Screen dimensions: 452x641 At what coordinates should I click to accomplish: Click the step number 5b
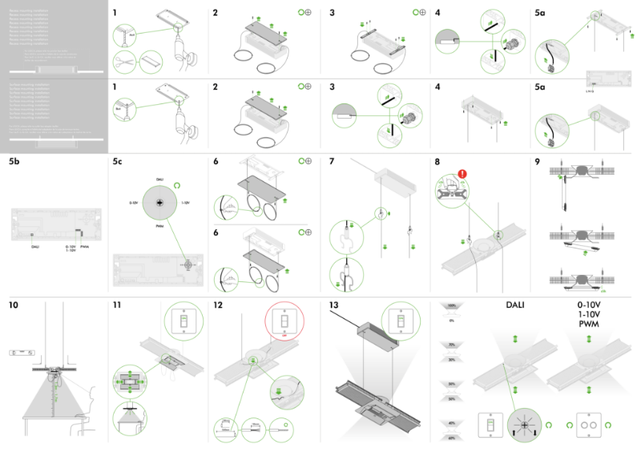(14, 161)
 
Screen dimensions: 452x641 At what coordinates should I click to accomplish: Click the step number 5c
(118, 161)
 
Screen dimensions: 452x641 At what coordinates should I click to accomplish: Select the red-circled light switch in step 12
(284, 323)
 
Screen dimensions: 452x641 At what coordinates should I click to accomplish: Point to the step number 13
(334, 305)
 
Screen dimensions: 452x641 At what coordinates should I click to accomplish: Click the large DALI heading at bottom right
(520, 305)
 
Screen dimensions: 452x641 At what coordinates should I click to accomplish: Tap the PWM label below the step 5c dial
(160, 227)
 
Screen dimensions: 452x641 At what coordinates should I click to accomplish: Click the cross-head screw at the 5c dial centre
(160, 204)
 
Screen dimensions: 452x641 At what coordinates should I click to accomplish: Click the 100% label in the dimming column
(451, 306)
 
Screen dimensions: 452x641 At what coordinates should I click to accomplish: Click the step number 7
(332, 161)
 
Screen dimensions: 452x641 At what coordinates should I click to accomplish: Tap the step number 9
(538, 161)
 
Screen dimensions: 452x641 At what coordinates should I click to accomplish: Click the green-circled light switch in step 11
(183, 323)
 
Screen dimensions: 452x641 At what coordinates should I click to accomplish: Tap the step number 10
(14, 305)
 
